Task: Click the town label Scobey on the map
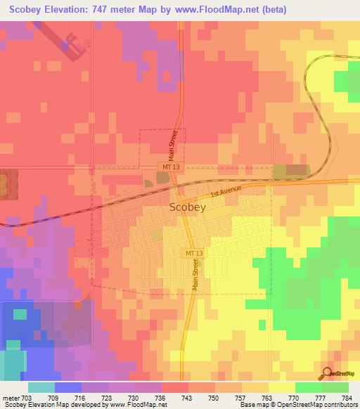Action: pos(188,208)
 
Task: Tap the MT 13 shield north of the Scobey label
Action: pos(166,167)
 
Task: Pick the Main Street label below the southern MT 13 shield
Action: pos(195,275)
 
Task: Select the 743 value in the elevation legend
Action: pos(188,398)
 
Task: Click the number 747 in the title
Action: pos(130,10)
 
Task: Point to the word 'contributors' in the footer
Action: pos(340,405)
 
